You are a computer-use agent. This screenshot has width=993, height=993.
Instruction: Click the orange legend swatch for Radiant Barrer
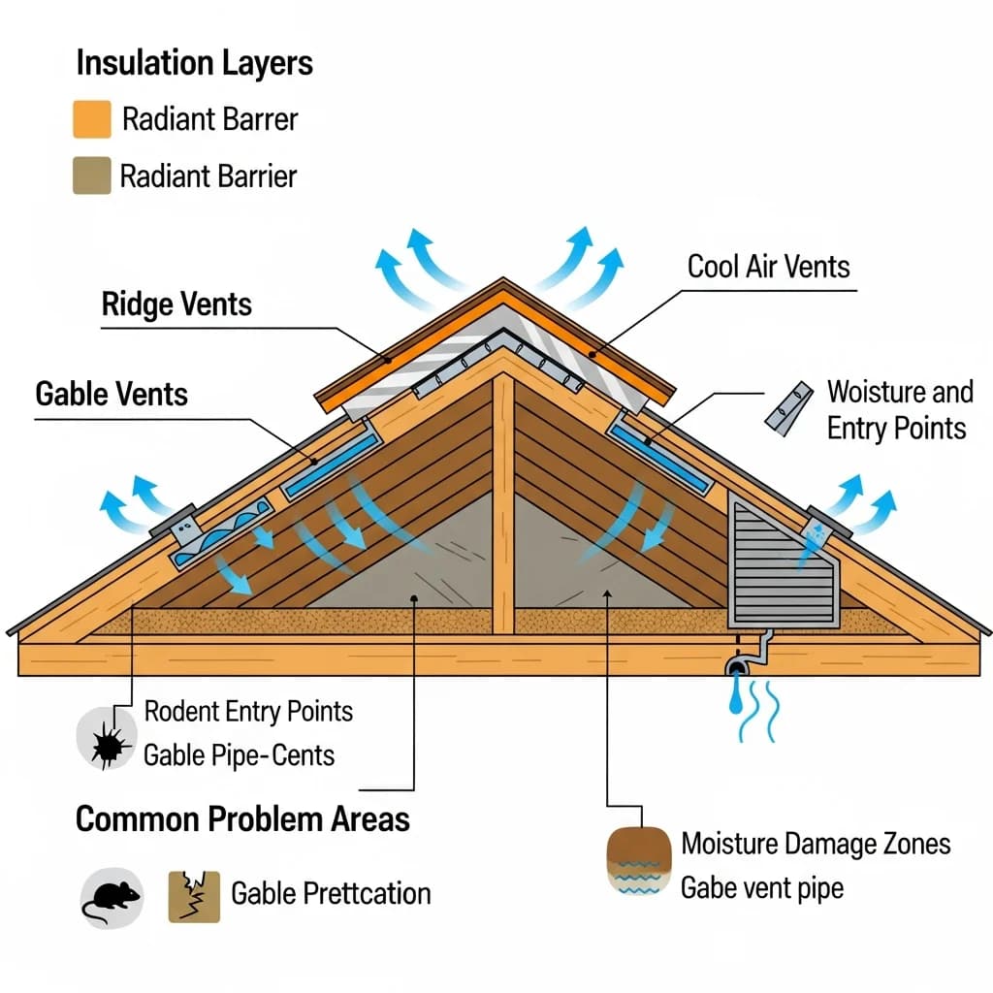click(92, 119)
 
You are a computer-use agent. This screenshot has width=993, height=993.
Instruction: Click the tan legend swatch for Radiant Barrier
click(91, 176)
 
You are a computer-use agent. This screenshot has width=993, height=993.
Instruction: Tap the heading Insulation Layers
click(194, 63)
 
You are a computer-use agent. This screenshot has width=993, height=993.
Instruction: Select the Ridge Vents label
click(176, 304)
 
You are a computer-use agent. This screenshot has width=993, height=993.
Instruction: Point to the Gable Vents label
click(112, 394)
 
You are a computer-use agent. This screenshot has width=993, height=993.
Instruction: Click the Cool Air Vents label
click(768, 267)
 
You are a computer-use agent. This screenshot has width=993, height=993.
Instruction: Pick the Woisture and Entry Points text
click(898, 409)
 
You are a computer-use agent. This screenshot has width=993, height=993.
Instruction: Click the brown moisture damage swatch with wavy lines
click(638, 859)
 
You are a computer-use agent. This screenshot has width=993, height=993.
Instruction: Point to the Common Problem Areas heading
click(242, 818)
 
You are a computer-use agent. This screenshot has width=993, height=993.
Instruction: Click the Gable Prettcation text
click(331, 892)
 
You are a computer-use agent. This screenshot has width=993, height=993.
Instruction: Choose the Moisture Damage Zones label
click(816, 843)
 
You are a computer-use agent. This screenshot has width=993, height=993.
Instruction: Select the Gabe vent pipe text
click(762, 887)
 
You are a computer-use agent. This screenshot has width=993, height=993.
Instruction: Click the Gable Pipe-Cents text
click(239, 754)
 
